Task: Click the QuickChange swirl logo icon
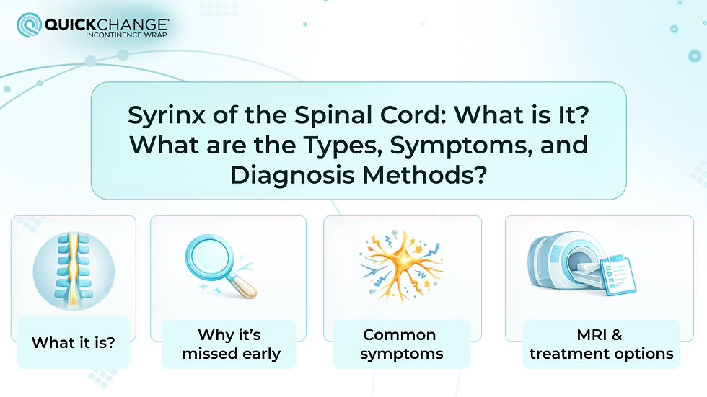pos(29,27)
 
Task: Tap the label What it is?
pos(73,342)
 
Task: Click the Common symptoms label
pos(400,344)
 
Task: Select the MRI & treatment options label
pos(601,344)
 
